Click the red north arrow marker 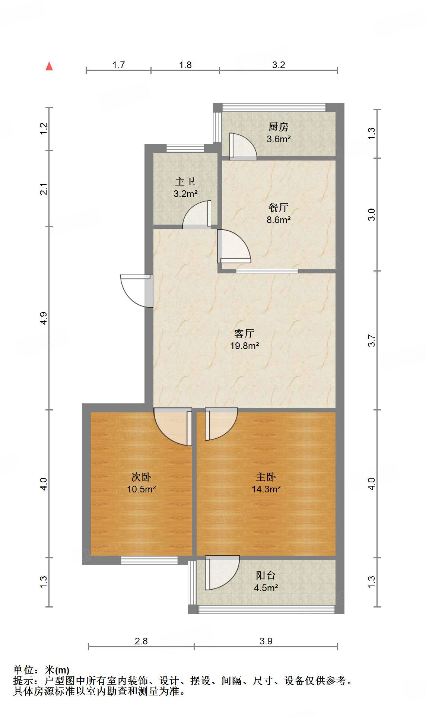click(x=49, y=66)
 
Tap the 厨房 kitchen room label click(x=278, y=127)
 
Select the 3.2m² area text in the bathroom click(x=185, y=194)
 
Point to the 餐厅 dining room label click(x=278, y=207)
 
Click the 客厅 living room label click(x=244, y=333)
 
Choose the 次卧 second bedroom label click(x=141, y=477)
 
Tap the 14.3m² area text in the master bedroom click(x=266, y=489)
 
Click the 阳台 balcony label click(x=266, y=575)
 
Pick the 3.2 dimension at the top click(x=279, y=65)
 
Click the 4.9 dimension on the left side click(x=44, y=318)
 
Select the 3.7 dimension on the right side click(x=372, y=340)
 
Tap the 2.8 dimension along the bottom click(x=141, y=641)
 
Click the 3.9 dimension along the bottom click(x=266, y=641)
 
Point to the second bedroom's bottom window click(x=149, y=560)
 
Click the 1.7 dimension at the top click(x=118, y=65)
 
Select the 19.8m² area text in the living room click(x=244, y=346)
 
